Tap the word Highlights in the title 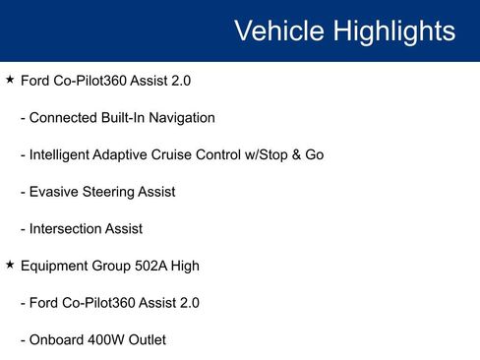(x=390, y=31)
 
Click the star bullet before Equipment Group (x=10, y=265)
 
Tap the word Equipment (x=56, y=266)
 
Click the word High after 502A (x=186, y=266)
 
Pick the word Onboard (x=58, y=339)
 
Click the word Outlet (x=148, y=339)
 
